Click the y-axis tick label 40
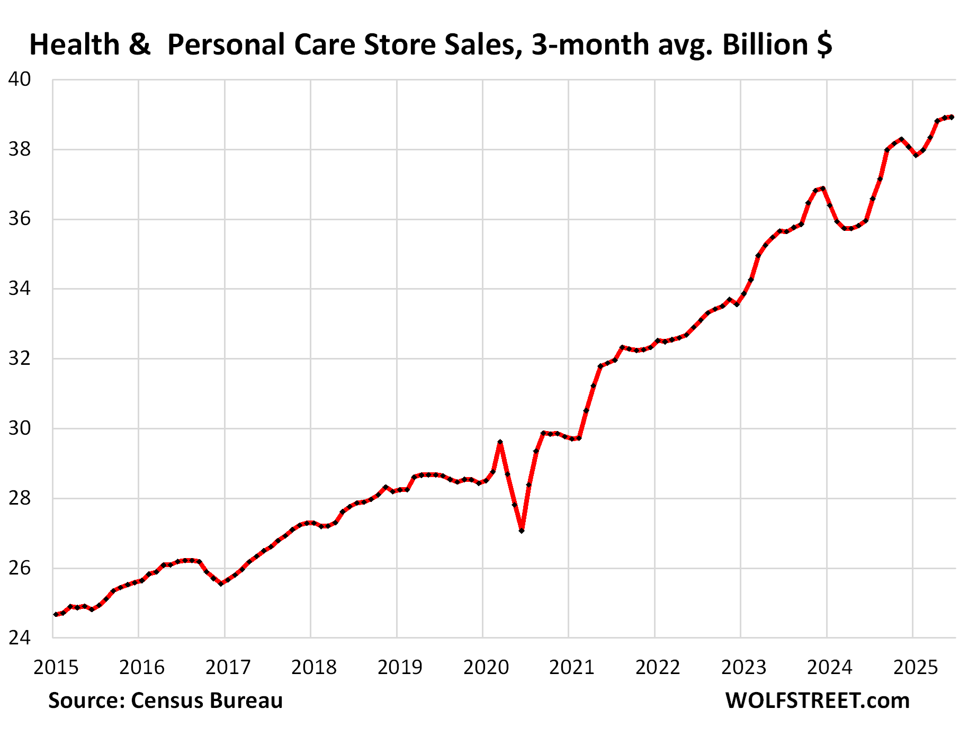click(20, 79)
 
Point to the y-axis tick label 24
click(20, 638)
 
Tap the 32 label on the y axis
click(20, 358)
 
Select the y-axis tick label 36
click(20, 219)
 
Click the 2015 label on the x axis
click(56, 667)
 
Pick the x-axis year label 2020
click(486, 667)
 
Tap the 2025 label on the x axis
click(916, 667)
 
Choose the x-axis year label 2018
click(313, 667)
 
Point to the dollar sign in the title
click(824, 44)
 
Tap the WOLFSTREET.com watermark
click(817, 701)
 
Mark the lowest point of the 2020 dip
click(522, 530)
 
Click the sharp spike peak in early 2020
click(500, 442)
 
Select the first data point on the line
click(56, 614)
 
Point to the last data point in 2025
click(952, 117)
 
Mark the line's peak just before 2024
click(822, 189)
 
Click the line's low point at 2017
click(221, 583)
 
